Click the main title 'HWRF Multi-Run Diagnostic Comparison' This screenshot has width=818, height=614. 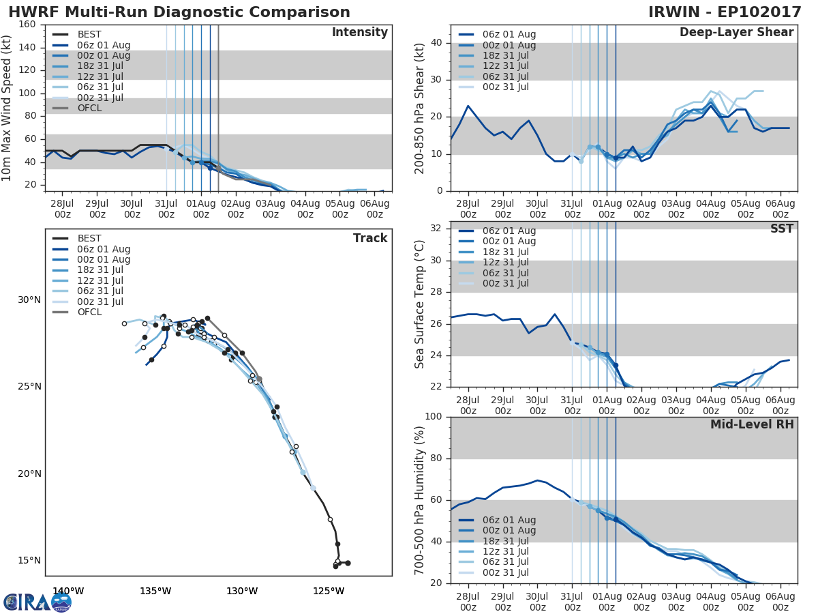pos(179,12)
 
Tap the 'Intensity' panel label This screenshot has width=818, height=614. pos(359,33)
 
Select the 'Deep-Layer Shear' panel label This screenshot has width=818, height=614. pos(736,33)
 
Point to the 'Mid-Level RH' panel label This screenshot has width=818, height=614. pos(752,425)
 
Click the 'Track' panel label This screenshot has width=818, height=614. pos(369,238)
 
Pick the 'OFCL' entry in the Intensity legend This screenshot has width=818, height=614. pos(89,108)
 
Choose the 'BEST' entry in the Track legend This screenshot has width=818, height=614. pos(89,238)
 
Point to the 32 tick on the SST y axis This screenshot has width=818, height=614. pos(436,229)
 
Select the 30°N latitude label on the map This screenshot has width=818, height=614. pos(29,300)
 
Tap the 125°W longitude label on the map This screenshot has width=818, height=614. pos(330,591)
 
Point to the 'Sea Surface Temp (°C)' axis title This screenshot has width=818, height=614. pos(421,304)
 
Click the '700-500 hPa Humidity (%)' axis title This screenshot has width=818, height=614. pos(421,499)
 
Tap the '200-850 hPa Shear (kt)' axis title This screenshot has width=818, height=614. pos(421,108)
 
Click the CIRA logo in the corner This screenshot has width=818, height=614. pos(37,602)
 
